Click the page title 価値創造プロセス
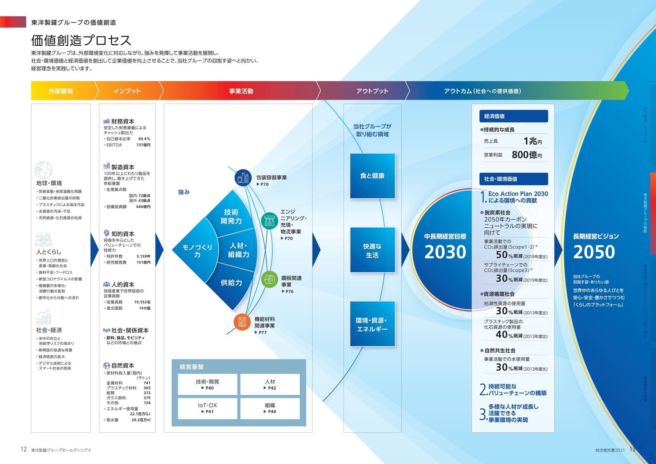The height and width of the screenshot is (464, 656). tap(81, 40)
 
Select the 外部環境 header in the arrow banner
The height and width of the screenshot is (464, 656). tap(61, 91)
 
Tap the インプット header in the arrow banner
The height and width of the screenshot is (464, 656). tap(127, 91)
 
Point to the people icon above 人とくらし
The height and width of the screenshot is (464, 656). tap(44, 240)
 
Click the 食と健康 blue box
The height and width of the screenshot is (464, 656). tap(372, 176)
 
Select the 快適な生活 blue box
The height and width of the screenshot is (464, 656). tap(372, 250)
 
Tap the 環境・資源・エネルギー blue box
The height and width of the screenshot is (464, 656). tap(372, 324)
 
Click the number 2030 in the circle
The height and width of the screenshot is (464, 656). tap(445, 252)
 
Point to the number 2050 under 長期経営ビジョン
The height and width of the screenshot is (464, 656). tap(594, 252)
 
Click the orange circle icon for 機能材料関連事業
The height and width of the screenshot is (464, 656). tap(242, 322)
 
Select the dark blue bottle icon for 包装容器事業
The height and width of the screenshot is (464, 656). tap(243, 178)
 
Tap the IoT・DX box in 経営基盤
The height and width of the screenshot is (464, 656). tap(207, 408)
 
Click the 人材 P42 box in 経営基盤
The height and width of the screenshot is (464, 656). tap(270, 384)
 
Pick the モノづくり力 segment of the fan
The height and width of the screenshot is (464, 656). tap(197, 250)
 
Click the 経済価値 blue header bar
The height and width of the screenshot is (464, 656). tap(513, 116)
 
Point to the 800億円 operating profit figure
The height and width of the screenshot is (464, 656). tap(527, 155)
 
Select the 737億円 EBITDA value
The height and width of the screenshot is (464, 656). tap(143, 145)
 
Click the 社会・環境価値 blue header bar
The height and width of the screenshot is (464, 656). tap(513, 179)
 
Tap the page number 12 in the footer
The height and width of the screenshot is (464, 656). tap(24, 450)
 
